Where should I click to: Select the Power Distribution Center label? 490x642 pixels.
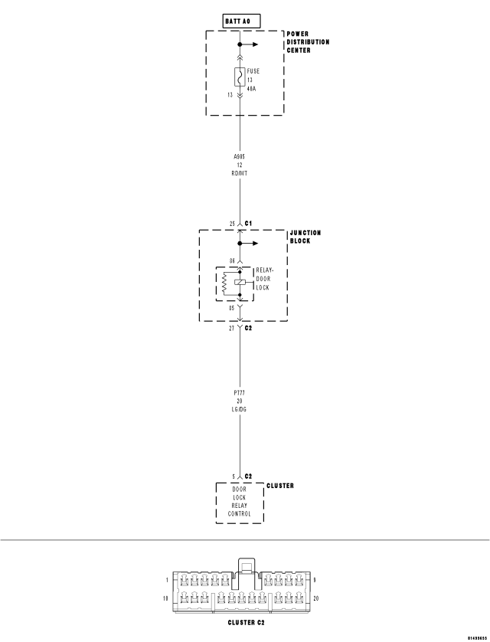[308, 42]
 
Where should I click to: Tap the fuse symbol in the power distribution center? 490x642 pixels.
[240, 77]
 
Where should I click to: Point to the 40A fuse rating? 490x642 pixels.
[253, 88]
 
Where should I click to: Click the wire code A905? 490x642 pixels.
[240, 156]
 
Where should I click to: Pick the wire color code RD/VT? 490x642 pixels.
[240, 172]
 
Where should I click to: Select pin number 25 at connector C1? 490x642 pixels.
[232, 224]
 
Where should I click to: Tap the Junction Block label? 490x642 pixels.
[305, 237]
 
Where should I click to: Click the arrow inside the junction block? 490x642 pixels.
[251, 244]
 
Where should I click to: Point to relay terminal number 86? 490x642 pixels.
[231, 261]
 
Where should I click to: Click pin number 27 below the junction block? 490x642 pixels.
[232, 327]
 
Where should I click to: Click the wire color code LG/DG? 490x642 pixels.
[240, 409]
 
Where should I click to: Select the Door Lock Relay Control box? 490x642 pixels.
[240, 502]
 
